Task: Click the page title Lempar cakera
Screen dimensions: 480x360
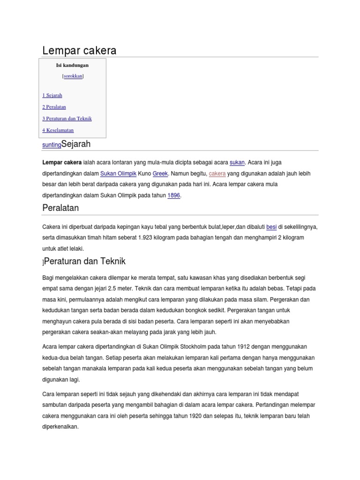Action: pyautogui.click(x=79, y=50)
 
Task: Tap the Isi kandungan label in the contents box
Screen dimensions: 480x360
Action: pyautogui.click(x=72, y=65)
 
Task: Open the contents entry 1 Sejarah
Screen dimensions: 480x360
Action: pyautogui.click(x=52, y=95)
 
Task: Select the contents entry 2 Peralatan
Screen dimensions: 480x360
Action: pyautogui.click(x=54, y=107)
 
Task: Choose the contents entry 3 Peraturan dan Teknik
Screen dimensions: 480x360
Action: pyautogui.click(x=67, y=119)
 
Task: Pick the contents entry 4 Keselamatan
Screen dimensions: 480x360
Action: pyautogui.click(x=58, y=130)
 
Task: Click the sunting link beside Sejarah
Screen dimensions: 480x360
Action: pyautogui.click(x=52, y=145)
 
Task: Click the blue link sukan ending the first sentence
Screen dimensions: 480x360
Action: pyautogui.click(x=237, y=163)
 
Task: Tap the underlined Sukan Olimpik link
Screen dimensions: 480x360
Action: pyautogui.click(x=118, y=173)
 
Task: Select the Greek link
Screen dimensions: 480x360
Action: pyautogui.click(x=160, y=173)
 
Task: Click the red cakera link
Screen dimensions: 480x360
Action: pyautogui.click(x=217, y=173)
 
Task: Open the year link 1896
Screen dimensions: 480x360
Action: pyautogui.click(x=173, y=195)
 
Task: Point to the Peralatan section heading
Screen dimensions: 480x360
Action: pyautogui.click(x=60, y=208)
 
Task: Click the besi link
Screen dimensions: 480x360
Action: pyautogui.click(x=271, y=227)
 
